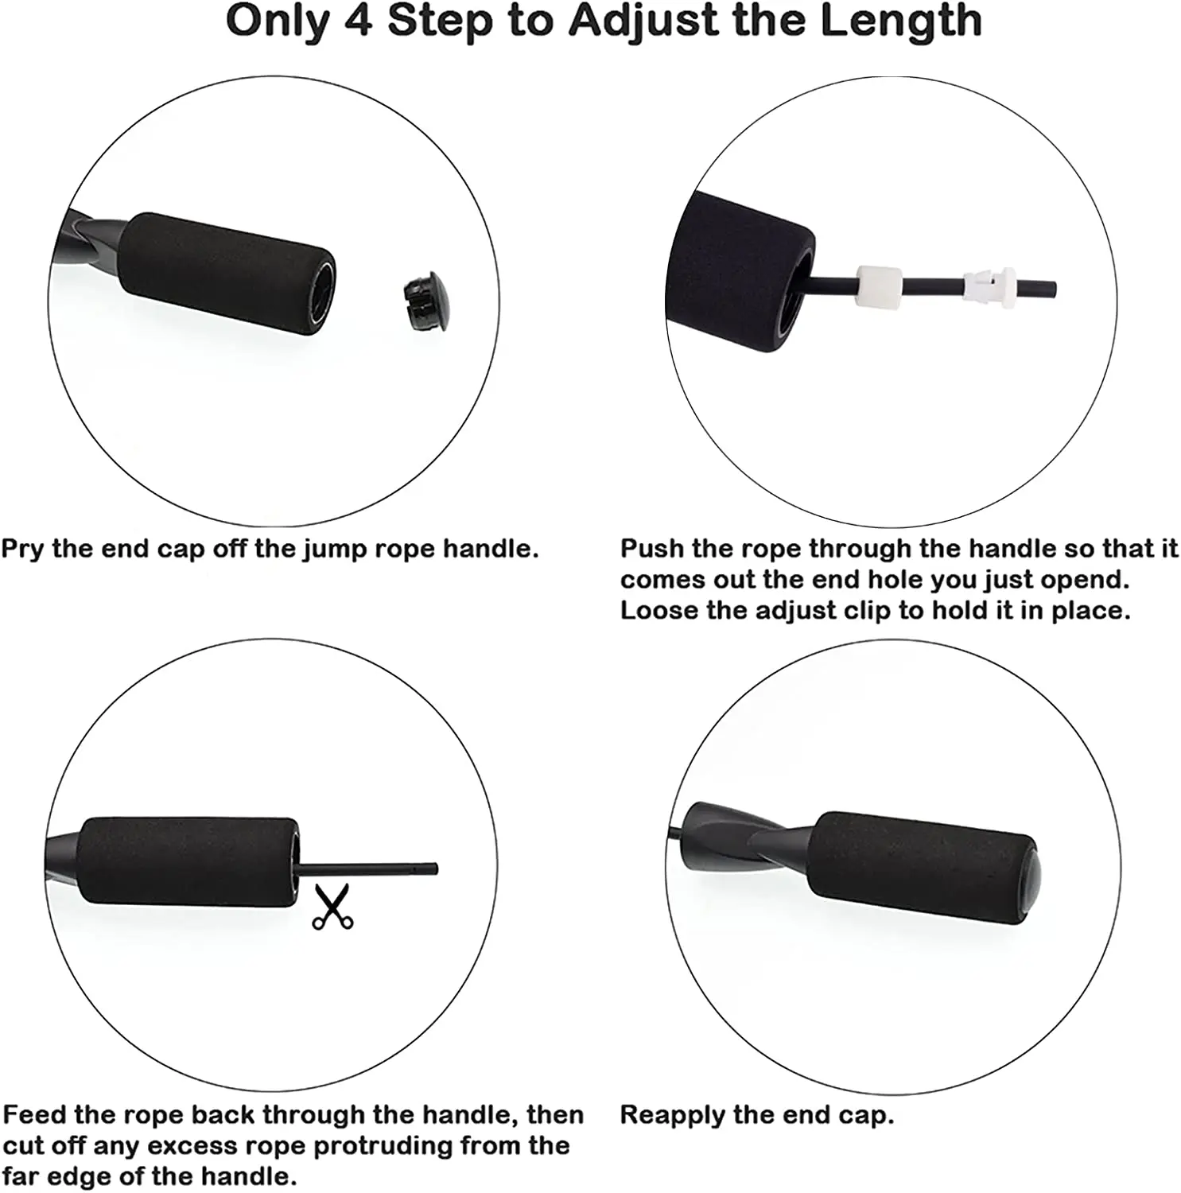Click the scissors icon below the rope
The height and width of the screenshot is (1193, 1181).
pyautogui.click(x=332, y=907)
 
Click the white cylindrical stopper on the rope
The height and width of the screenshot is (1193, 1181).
pyautogui.click(x=879, y=286)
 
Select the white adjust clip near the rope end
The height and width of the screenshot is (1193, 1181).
pyautogui.click(x=989, y=285)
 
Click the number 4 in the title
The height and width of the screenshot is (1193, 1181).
pyautogui.click(x=359, y=21)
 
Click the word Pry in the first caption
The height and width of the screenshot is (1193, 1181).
pyautogui.click(x=22, y=550)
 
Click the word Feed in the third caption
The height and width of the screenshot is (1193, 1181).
pyautogui.click(x=35, y=1115)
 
